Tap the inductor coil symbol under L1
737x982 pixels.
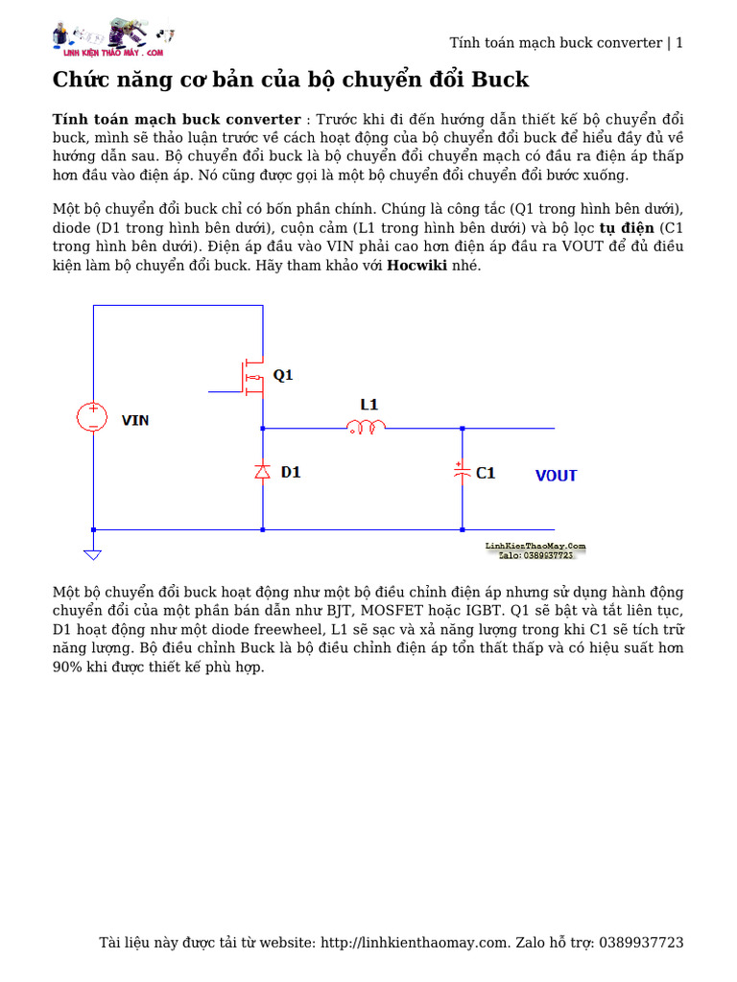[366, 427]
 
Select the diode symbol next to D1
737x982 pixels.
[262, 471]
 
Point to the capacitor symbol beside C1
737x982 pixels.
[462, 472]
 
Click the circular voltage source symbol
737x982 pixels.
[93, 416]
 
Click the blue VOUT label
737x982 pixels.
[556, 476]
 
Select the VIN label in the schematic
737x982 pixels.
[135, 420]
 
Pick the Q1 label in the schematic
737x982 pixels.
[283, 376]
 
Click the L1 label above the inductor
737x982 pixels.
[369, 405]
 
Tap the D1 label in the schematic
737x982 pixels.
[291, 472]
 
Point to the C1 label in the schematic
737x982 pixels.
[486, 473]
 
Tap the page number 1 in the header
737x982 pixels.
[679, 42]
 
